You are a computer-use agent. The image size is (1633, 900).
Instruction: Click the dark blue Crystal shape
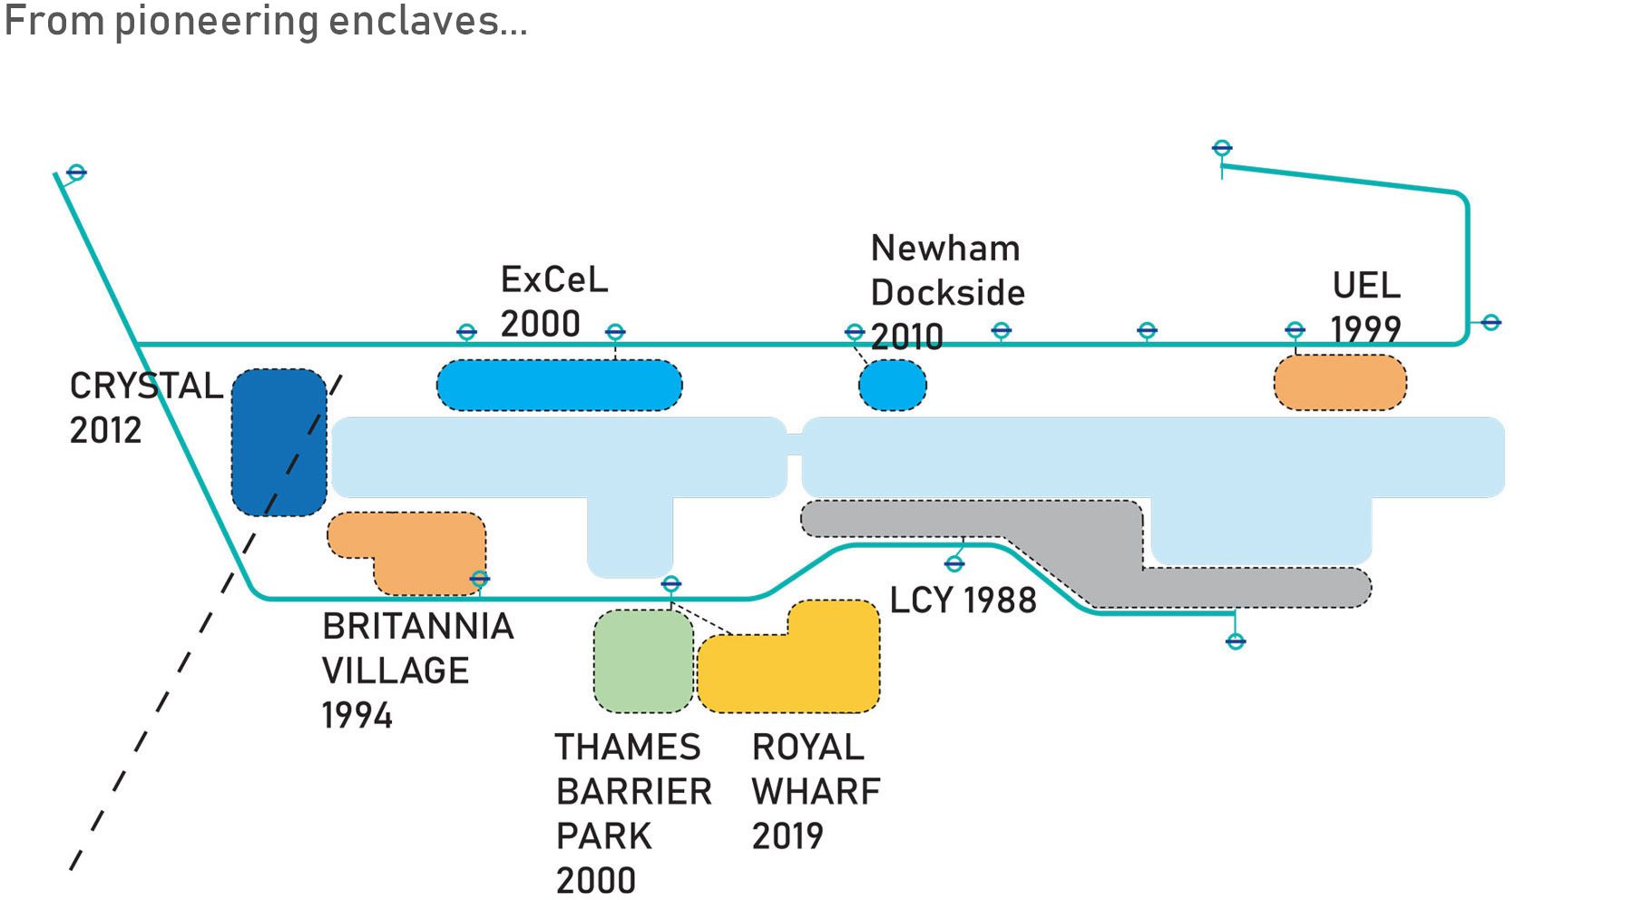(279, 442)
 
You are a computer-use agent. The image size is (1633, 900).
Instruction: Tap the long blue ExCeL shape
(559, 385)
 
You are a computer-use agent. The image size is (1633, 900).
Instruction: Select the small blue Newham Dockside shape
(893, 385)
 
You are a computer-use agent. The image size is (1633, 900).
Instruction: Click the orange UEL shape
(1340, 382)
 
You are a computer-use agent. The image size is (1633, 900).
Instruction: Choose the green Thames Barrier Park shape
(643, 660)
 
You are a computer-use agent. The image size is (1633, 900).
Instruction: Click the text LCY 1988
(963, 601)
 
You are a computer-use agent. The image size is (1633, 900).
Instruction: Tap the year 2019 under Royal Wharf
(787, 836)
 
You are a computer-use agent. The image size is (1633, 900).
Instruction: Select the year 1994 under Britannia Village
(357, 716)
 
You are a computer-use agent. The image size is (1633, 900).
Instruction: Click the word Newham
(944, 249)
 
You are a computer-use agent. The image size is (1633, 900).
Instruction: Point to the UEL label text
(1366, 286)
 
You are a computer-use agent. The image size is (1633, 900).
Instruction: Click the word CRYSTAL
(146, 386)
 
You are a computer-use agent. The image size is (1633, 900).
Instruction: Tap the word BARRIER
(634, 792)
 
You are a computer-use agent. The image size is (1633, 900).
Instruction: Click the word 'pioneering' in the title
(216, 21)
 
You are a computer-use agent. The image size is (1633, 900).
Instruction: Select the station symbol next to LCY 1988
(954, 564)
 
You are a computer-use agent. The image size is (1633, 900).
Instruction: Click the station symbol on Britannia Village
(480, 579)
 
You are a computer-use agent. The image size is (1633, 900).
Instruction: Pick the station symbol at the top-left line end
(76, 172)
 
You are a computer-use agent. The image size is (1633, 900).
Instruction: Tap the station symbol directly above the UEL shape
(1296, 330)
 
